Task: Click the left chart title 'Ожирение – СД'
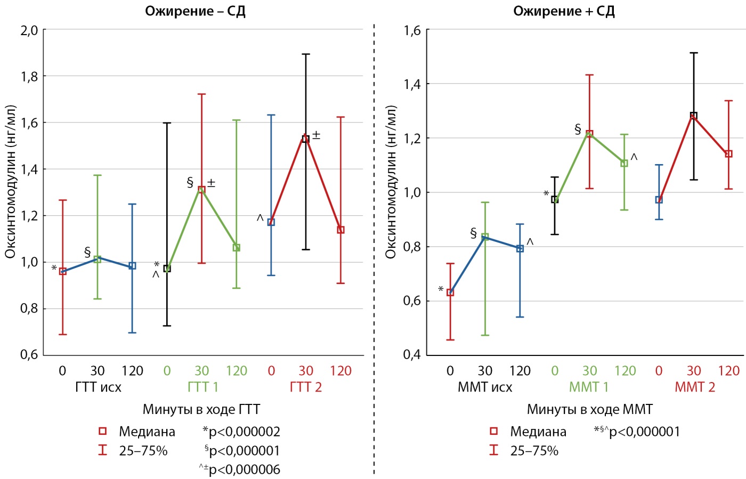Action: click(195, 11)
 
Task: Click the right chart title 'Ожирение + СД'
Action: click(564, 11)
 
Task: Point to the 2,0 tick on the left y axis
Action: click(29, 30)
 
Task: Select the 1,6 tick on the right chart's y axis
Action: click(412, 30)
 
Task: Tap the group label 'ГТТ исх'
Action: click(98, 387)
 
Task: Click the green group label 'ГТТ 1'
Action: click(202, 387)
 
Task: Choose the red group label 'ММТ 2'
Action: click(694, 387)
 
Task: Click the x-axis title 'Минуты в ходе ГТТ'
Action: click(201, 410)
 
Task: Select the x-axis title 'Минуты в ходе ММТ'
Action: click(589, 410)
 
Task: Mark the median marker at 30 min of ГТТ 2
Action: click(306, 139)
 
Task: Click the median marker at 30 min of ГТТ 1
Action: click(201, 190)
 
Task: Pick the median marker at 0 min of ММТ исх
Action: click(450, 293)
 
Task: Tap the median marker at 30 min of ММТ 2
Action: click(694, 116)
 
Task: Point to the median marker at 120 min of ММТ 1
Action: click(625, 164)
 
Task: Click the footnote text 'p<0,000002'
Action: click(244, 432)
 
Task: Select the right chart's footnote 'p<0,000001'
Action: click(644, 432)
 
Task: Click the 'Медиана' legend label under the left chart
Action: click(147, 432)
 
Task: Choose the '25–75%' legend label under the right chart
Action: click(534, 451)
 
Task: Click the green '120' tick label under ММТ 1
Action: click(625, 371)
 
